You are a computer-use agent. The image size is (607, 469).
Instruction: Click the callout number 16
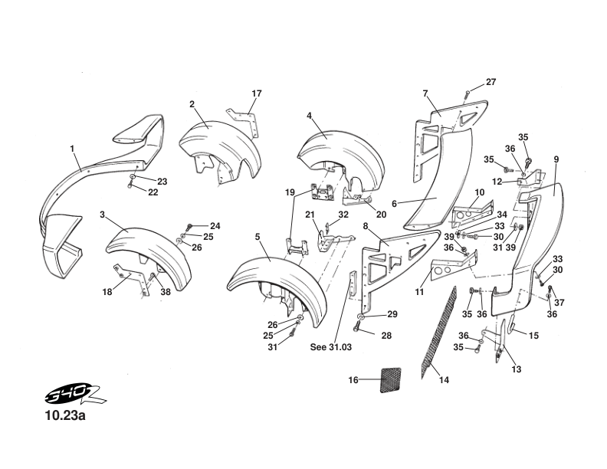(353, 380)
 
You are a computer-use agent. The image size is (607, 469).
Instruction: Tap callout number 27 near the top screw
(491, 82)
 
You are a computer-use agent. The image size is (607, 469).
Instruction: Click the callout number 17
(257, 93)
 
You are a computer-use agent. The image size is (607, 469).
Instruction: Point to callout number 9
(556, 159)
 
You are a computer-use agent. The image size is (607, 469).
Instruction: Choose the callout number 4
(309, 116)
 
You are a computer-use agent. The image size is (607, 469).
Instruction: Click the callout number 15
(534, 336)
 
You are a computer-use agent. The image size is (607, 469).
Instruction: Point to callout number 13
(516, 369)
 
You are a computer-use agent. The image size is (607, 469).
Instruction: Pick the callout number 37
(559, 302)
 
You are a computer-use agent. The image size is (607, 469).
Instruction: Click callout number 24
(215, 225)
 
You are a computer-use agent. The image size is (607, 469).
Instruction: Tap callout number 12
(497, 182)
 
